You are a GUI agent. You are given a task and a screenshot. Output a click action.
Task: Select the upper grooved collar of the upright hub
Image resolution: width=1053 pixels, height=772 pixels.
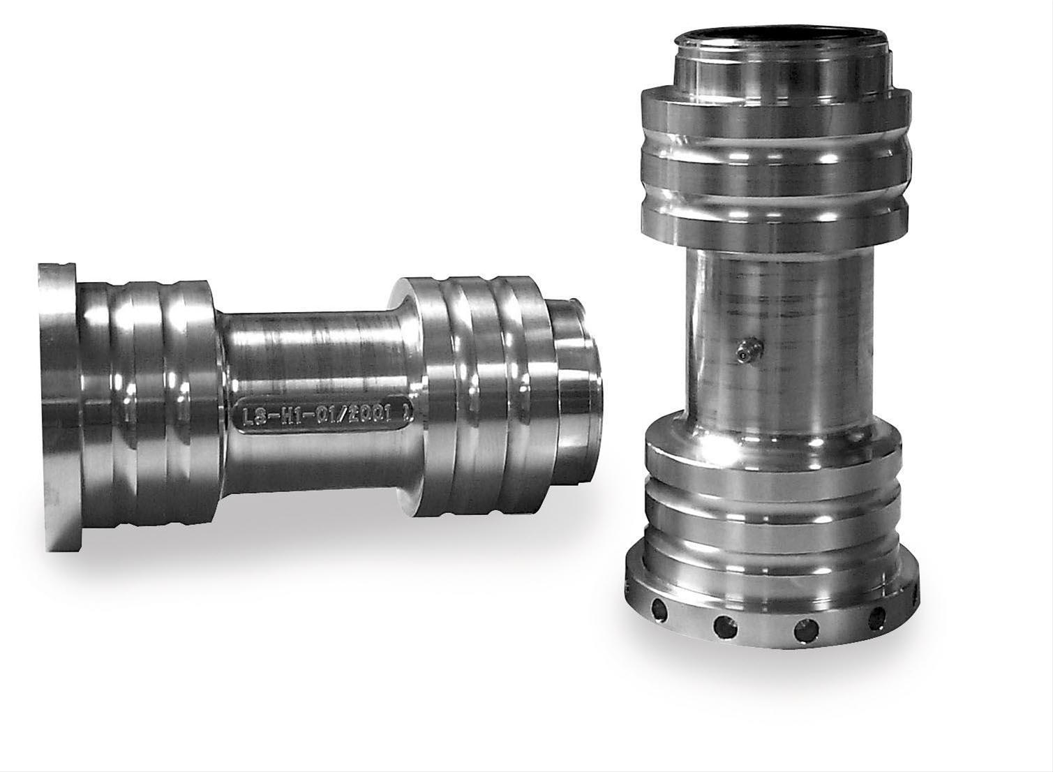[x=775, y=168]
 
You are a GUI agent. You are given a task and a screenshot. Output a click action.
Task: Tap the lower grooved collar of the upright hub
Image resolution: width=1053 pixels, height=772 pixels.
[x=771, y=489]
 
